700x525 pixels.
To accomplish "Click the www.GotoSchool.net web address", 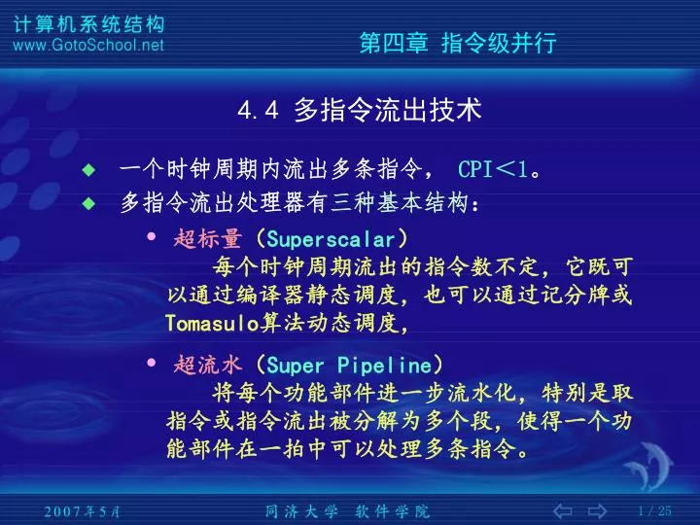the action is tap(88, 45).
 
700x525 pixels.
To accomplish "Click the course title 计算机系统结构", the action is tap(88, 24).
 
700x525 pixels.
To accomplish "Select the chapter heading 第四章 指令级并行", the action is tap(458, 43).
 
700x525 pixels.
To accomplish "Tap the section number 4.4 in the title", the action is tap(258, 110).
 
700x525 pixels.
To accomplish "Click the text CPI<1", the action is tap(493, 169).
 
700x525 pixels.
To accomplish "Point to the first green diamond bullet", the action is tap(88, 169).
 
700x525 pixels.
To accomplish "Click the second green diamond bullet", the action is tap(88, 203).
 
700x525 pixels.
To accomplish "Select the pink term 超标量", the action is tap(208, 239).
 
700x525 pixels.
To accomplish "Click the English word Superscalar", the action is tap(331, 240).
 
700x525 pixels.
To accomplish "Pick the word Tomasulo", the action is tap(212, 323).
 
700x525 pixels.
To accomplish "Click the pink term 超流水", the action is tap(208, 365).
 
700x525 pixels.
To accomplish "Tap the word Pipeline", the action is tap(384, 366).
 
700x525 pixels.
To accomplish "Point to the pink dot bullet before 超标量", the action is tap(152, 236).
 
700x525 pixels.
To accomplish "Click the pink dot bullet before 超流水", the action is tap(152, 362).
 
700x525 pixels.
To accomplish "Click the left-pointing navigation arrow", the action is tap(563, 510).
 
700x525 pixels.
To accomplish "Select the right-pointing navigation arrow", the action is tap(597, 510).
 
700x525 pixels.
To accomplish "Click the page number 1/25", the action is tap(654, 510).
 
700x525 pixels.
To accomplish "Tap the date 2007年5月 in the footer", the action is tap(82, 511).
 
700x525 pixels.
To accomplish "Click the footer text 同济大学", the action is tap(301, 511).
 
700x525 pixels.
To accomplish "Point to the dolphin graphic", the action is tap(648, 466).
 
